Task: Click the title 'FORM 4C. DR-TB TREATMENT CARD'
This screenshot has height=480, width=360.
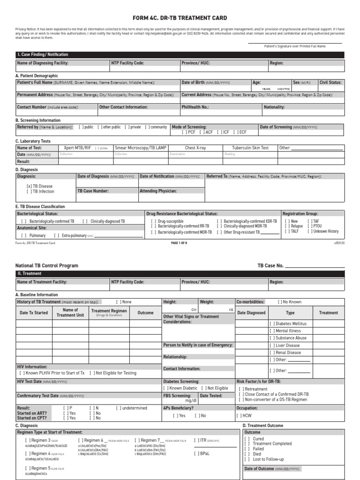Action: (x=180, y=18)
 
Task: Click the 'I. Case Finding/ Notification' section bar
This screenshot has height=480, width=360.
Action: (x=43, y=55)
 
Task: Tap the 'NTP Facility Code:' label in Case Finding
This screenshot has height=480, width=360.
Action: (x=127, y=63)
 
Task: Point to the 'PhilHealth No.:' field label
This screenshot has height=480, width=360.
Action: (x=195, y=107)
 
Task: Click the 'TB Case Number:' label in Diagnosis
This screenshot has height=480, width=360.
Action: (x=93, y=191)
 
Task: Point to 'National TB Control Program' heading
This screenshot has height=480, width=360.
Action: (x=47, y=266)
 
